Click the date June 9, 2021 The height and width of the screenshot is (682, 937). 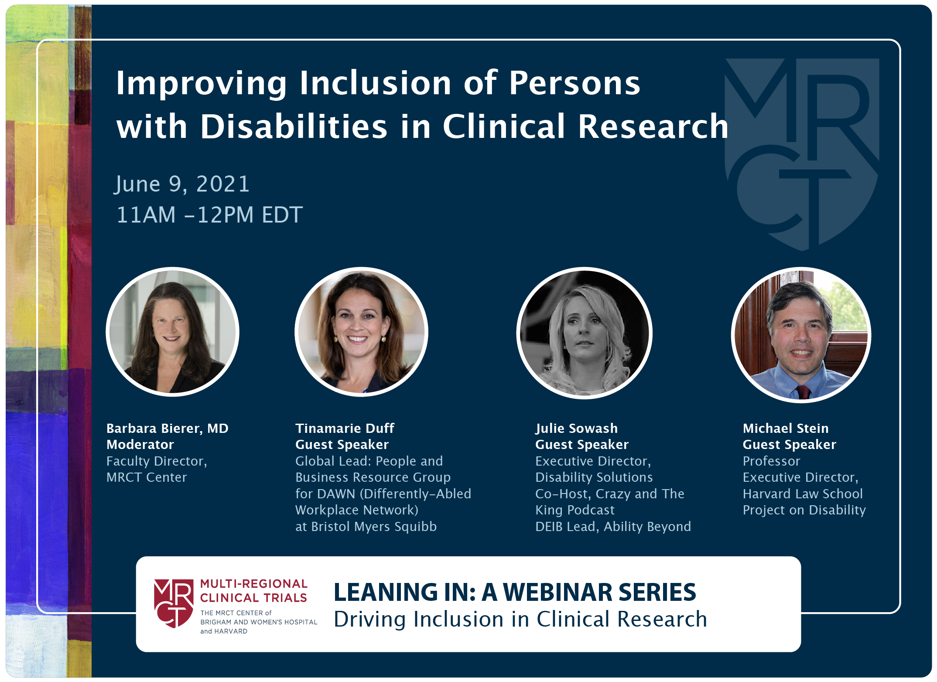[182, 184]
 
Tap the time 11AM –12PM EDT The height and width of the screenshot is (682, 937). [209, 215]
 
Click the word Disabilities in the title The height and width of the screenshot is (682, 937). [294, 127]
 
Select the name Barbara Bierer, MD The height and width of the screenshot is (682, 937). [168, 428]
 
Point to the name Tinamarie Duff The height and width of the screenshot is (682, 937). [345, 428]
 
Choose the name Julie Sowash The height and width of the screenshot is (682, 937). [576, 428]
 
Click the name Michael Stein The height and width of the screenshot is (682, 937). [786, 428]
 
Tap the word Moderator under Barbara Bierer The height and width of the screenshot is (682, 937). [140, 445]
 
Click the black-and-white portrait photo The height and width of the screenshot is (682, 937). [585, 333]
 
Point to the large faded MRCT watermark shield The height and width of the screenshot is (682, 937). [802, 154]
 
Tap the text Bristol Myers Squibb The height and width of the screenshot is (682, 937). [374, 527]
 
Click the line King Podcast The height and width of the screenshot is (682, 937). [575, 510]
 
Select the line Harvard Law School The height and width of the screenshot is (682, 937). [803, 494]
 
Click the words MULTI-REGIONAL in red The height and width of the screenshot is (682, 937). [253, 584]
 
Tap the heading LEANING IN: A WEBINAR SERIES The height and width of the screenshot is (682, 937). [515, 592]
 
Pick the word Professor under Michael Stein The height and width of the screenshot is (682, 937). [771, 461]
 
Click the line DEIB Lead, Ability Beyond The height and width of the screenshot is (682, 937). [613, 527]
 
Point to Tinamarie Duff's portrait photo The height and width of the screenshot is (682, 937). [361, 332]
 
